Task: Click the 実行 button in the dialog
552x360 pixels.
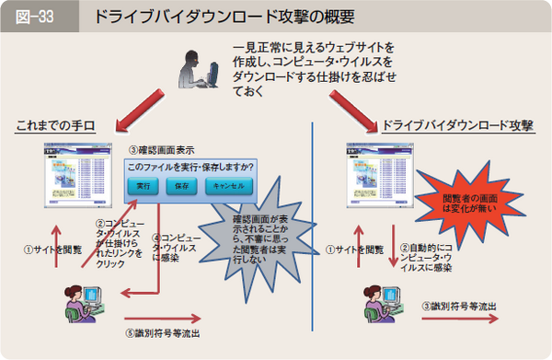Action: [x=144, y=186]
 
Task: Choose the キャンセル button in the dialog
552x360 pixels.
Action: [x=225, y=186]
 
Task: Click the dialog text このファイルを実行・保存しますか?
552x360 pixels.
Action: [x=190, y=167]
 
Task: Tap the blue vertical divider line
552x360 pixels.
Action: [x=314, y=239]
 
